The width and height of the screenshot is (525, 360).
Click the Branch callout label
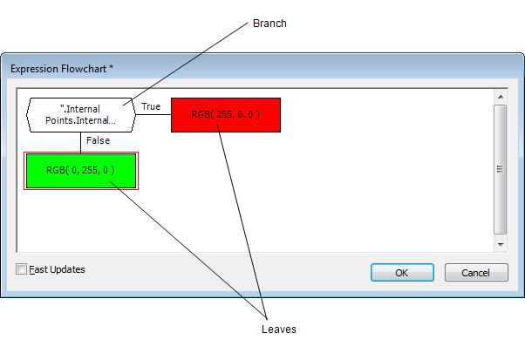click(x=269, y=24)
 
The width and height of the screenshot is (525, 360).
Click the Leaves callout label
click(x=279, y=329)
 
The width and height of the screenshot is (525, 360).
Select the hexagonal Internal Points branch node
click(x=80, y=114)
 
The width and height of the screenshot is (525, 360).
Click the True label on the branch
click(x=151, y=106)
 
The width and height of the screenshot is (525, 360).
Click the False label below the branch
click(x=98, y=140)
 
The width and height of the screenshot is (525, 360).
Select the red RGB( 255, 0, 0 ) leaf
click(x=225, y=114)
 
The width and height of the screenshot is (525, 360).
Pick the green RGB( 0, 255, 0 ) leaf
click(x=80, y=170)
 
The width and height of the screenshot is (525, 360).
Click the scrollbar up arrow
click(x=500, y=97)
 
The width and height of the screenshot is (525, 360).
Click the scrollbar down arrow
click(x=500, y=245)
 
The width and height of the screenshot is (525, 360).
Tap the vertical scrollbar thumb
click(x=500, y=169)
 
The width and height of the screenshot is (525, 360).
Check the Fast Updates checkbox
click(x=22, y=269)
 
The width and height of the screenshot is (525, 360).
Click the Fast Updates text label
click(x=57, y=269)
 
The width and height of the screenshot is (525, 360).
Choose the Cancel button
click(x=475, y=273)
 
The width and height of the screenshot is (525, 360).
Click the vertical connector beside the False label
click(x=81, y=141)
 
